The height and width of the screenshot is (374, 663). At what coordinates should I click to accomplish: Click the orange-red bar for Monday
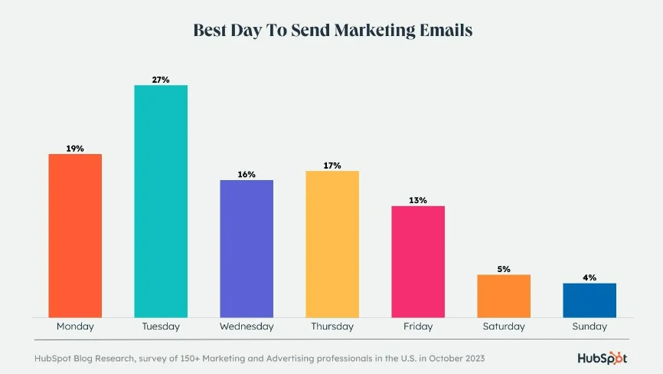[75, 235]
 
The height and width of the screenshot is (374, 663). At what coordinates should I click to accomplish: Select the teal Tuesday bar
[161, 201]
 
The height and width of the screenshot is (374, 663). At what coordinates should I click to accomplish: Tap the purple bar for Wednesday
[247, 248]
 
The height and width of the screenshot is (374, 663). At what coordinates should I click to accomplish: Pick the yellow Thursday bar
[332, 244]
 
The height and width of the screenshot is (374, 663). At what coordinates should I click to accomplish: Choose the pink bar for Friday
[418, 261]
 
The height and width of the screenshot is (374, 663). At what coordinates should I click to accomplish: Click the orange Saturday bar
[504, 296]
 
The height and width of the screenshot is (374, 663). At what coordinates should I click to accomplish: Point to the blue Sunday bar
[590, 300]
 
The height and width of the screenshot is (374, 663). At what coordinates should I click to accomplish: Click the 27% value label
[161, 79]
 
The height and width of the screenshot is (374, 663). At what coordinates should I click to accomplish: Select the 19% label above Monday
[75, 148]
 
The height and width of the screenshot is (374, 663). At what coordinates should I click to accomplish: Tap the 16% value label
[247, 174]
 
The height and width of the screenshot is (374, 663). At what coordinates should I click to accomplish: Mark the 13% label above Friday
[418, 200]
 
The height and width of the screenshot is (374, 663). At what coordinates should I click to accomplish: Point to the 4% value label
[590, 277]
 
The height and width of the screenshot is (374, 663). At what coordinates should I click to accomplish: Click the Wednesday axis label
[247, 326]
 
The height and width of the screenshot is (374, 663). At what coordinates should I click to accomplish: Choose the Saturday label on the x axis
[504, 326]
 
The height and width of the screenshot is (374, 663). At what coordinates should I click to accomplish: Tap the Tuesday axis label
[161, 326]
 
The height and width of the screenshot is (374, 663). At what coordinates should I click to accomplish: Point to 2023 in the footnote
[470, 358]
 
